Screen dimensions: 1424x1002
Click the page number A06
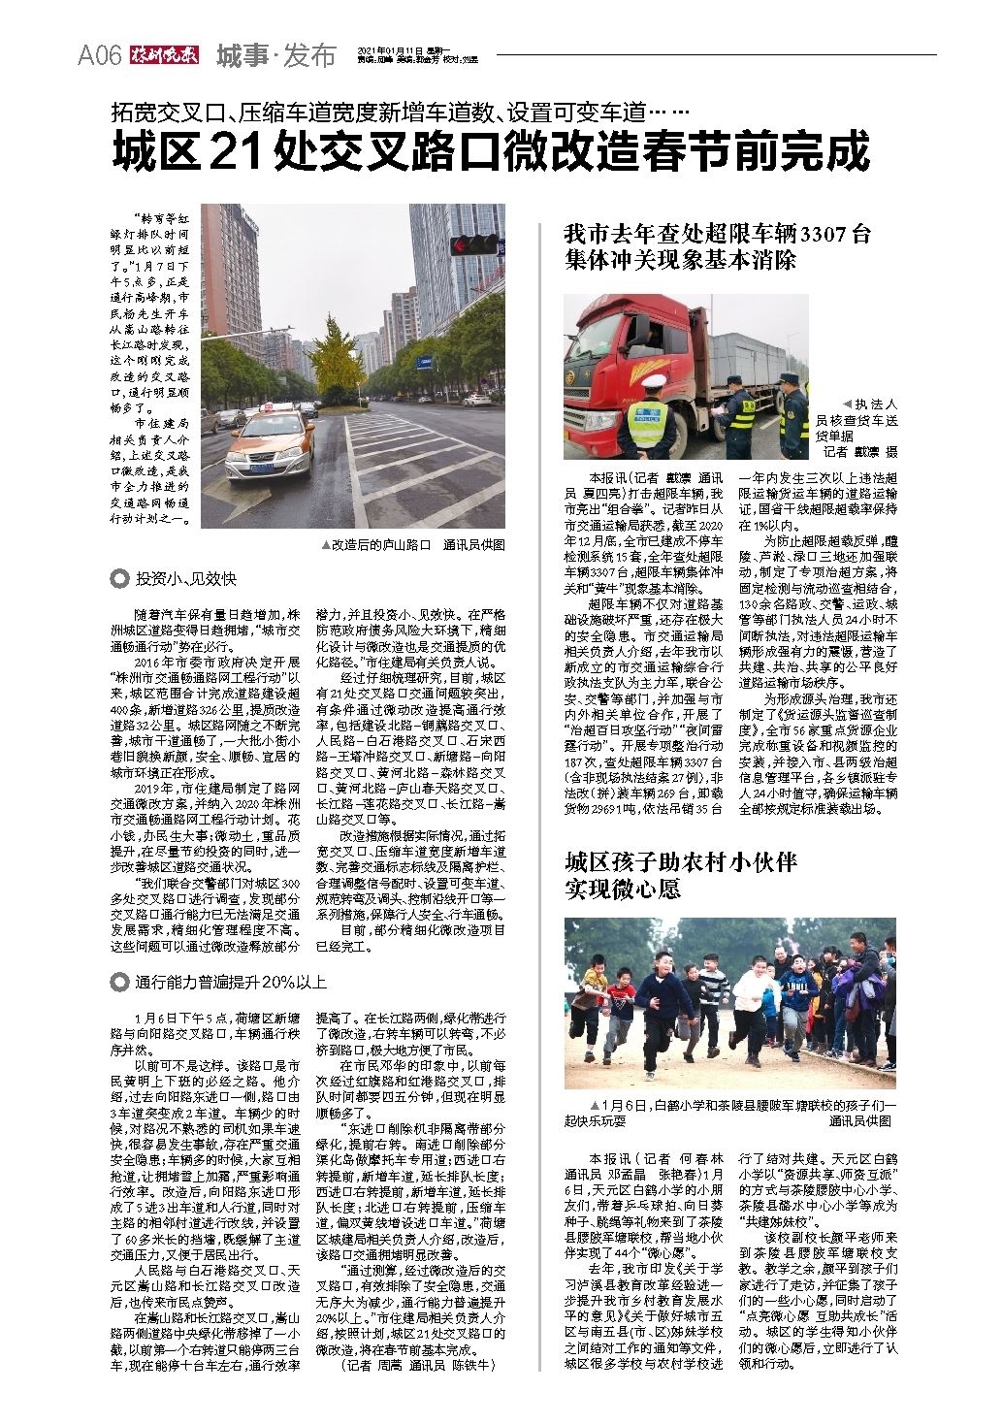coord(98,56)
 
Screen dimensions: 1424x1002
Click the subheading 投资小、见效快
coord(185,578)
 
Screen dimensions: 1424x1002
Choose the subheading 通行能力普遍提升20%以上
coord(231,981)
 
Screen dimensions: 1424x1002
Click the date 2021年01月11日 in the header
coord(391,49)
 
